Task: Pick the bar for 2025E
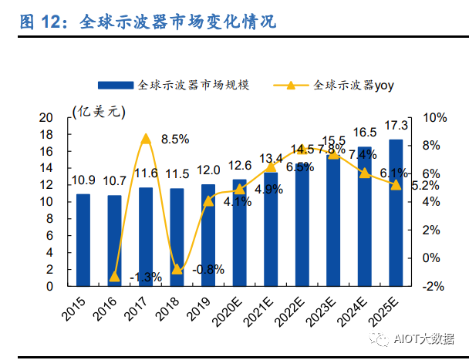(x=395, y=212)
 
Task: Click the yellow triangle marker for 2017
(x=146, y=139)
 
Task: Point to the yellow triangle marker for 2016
(x=114, y=276)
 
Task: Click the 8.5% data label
(x=175, y=140)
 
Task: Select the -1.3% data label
(x=144, y=277)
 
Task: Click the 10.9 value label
(x=83, y=180)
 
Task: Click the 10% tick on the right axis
(x=434, y=117)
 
